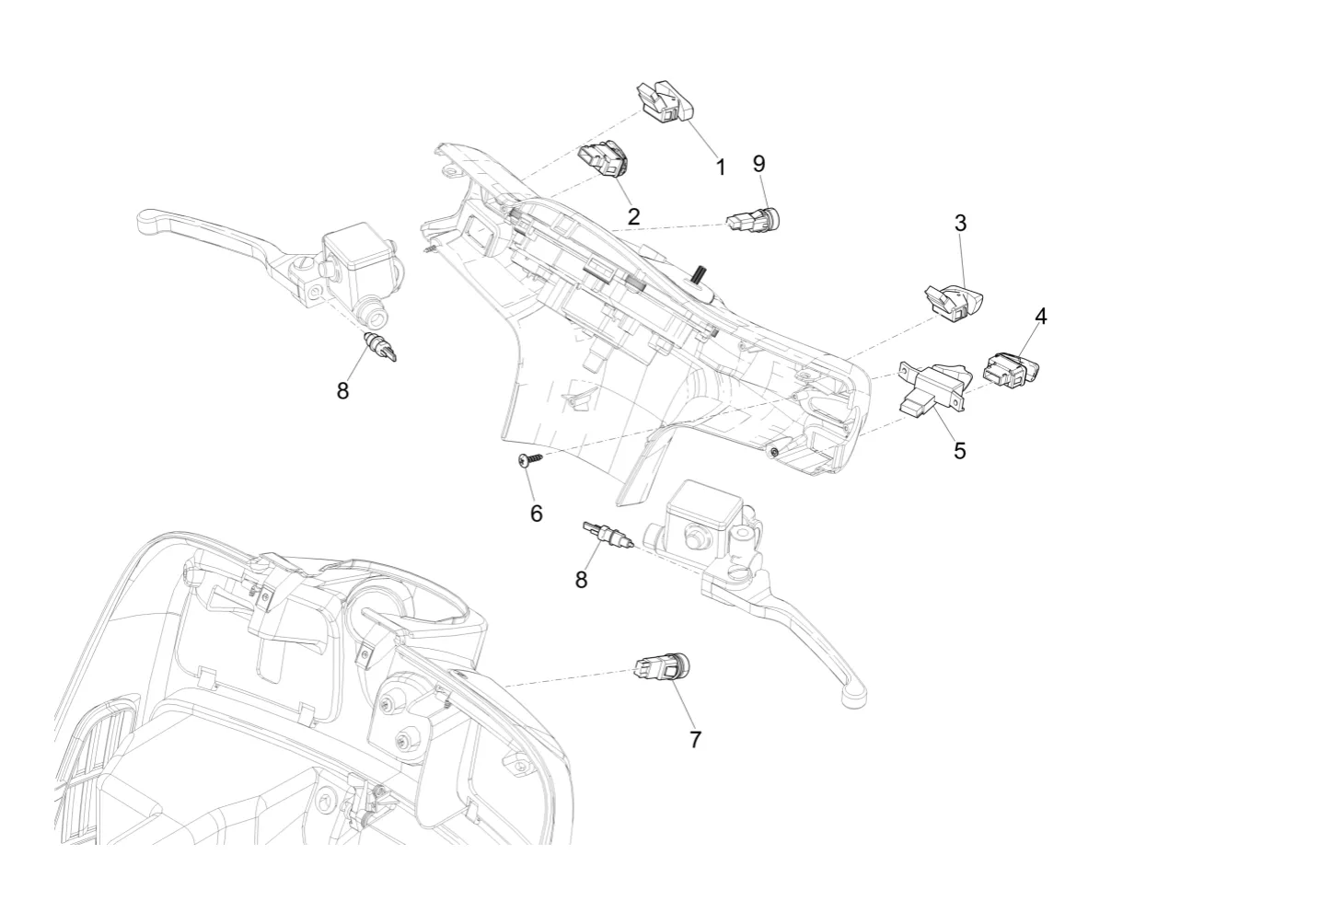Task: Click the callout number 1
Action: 720,167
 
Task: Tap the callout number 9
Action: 759,164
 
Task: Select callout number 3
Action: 960,224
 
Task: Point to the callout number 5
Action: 960,451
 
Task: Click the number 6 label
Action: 537,514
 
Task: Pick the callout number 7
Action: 695,740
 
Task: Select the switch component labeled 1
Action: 665,103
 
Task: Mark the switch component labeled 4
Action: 1012,370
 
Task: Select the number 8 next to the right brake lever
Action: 581,580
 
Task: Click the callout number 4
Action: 1041,317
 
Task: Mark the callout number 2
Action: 633,217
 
